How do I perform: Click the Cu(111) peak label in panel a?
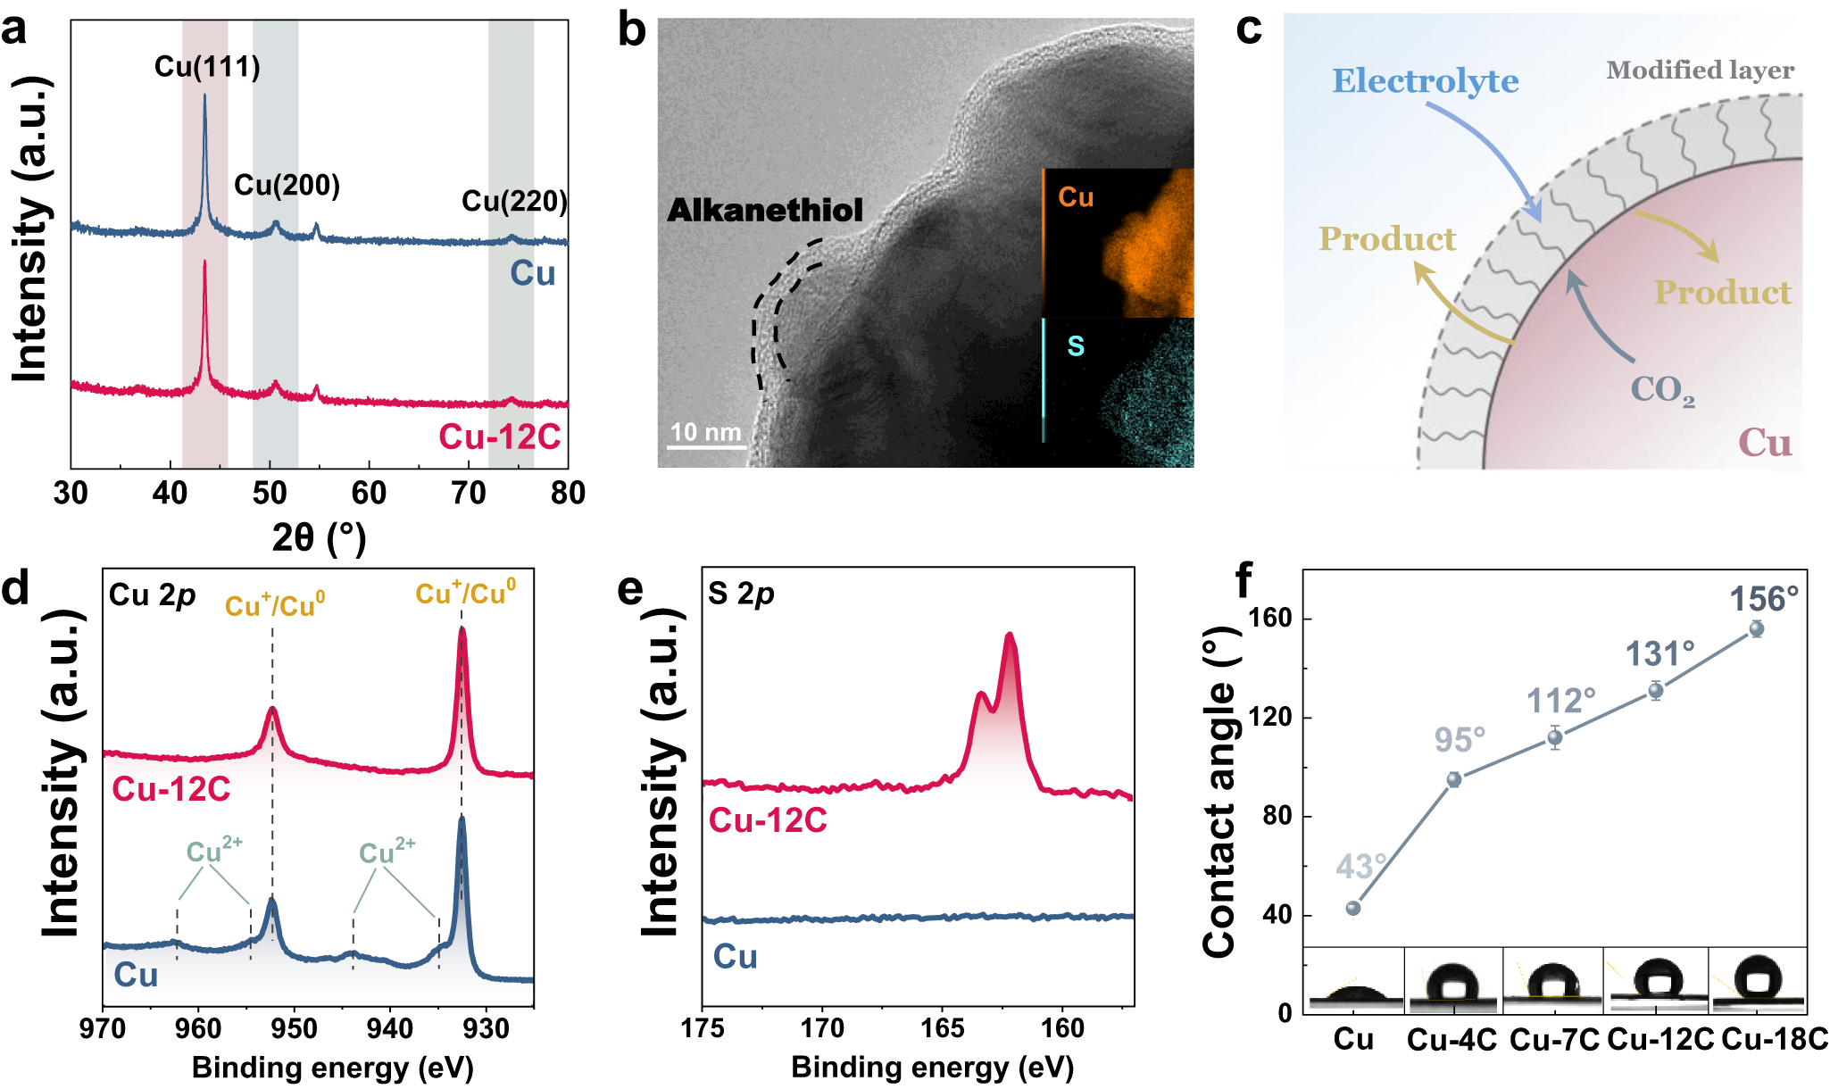[207, 67]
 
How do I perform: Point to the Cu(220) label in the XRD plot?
[514, 202]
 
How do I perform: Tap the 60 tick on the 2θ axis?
[369, 493]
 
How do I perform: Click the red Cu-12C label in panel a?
[499, 437]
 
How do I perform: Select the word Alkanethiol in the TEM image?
[765, 211]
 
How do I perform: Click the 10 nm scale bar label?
[705, 432]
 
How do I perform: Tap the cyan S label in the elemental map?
[1076, 345]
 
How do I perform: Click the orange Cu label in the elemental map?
[1076, 197]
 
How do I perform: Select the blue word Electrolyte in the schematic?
[1425, 81]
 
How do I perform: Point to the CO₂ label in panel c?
[1662, 390]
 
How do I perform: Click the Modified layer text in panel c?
[1700, 71]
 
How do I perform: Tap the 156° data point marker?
[1756, 629]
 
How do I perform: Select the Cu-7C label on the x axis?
[1554, 1040]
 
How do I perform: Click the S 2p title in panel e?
[740, 594]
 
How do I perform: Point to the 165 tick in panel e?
[943, 1029]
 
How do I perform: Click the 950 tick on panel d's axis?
[294, 1029]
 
